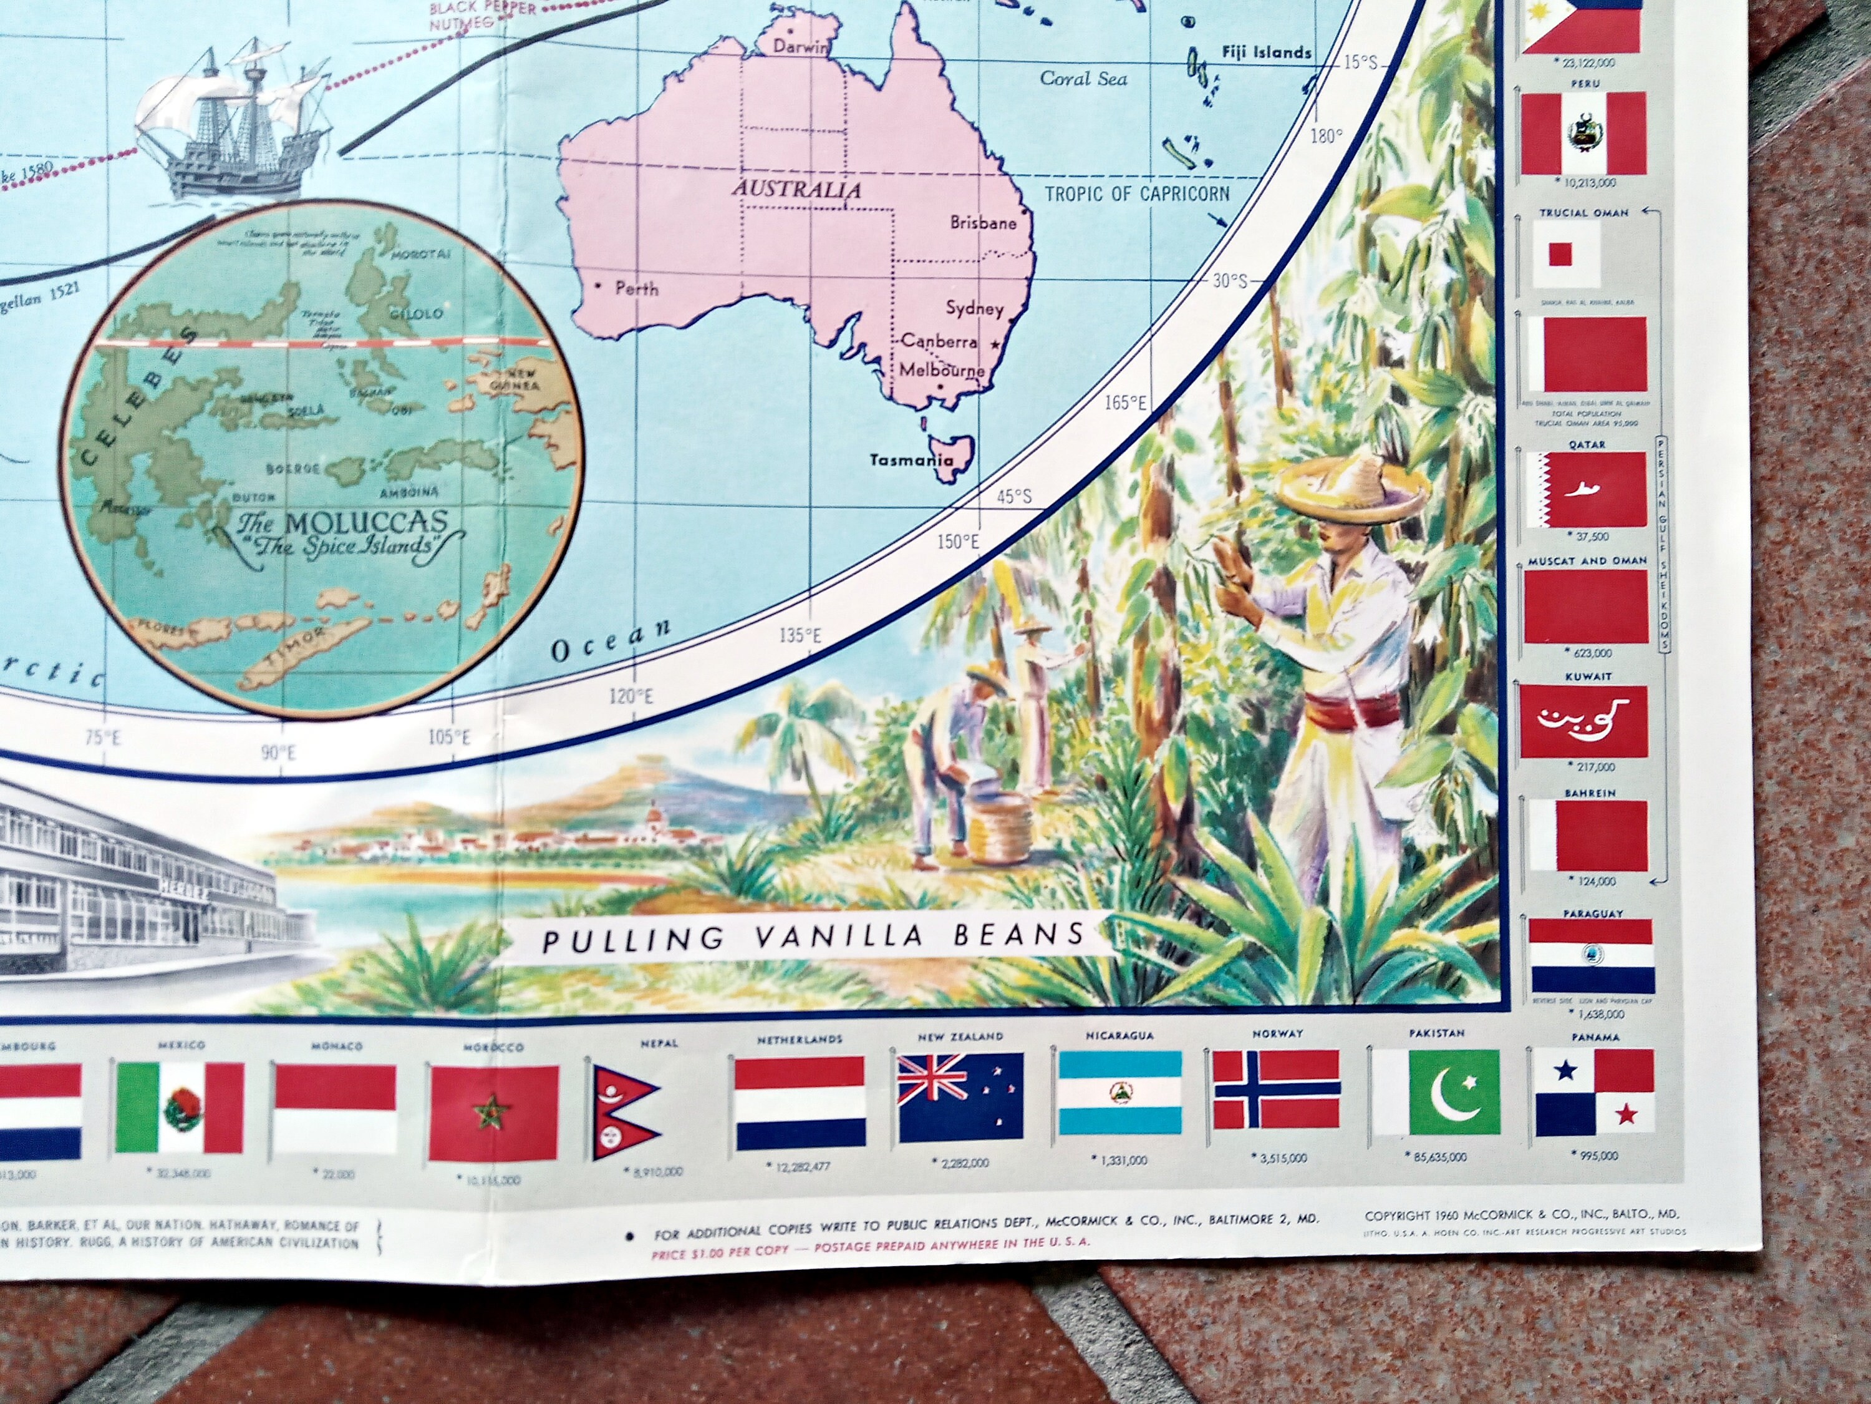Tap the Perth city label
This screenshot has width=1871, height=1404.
tap(636, 288)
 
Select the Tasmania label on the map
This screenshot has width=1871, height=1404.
tap(912, 461)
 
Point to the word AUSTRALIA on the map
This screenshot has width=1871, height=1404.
tap(797, 188)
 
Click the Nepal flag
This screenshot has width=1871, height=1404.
tap(626, 1109)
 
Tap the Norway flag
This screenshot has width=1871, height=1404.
tap(1277, 1093)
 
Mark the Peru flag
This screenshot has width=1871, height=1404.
tap(1584, 133)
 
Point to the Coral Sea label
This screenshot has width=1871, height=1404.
tap(1083, 79)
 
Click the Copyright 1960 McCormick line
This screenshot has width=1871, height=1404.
tap(1522, 1214)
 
